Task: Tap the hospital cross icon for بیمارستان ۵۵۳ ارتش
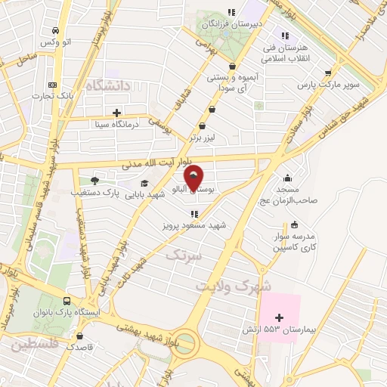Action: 280,317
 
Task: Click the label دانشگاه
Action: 109,85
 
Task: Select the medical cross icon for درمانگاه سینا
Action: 116,112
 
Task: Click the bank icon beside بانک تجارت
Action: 52,85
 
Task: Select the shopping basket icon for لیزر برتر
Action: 202,126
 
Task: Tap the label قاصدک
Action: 81,347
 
